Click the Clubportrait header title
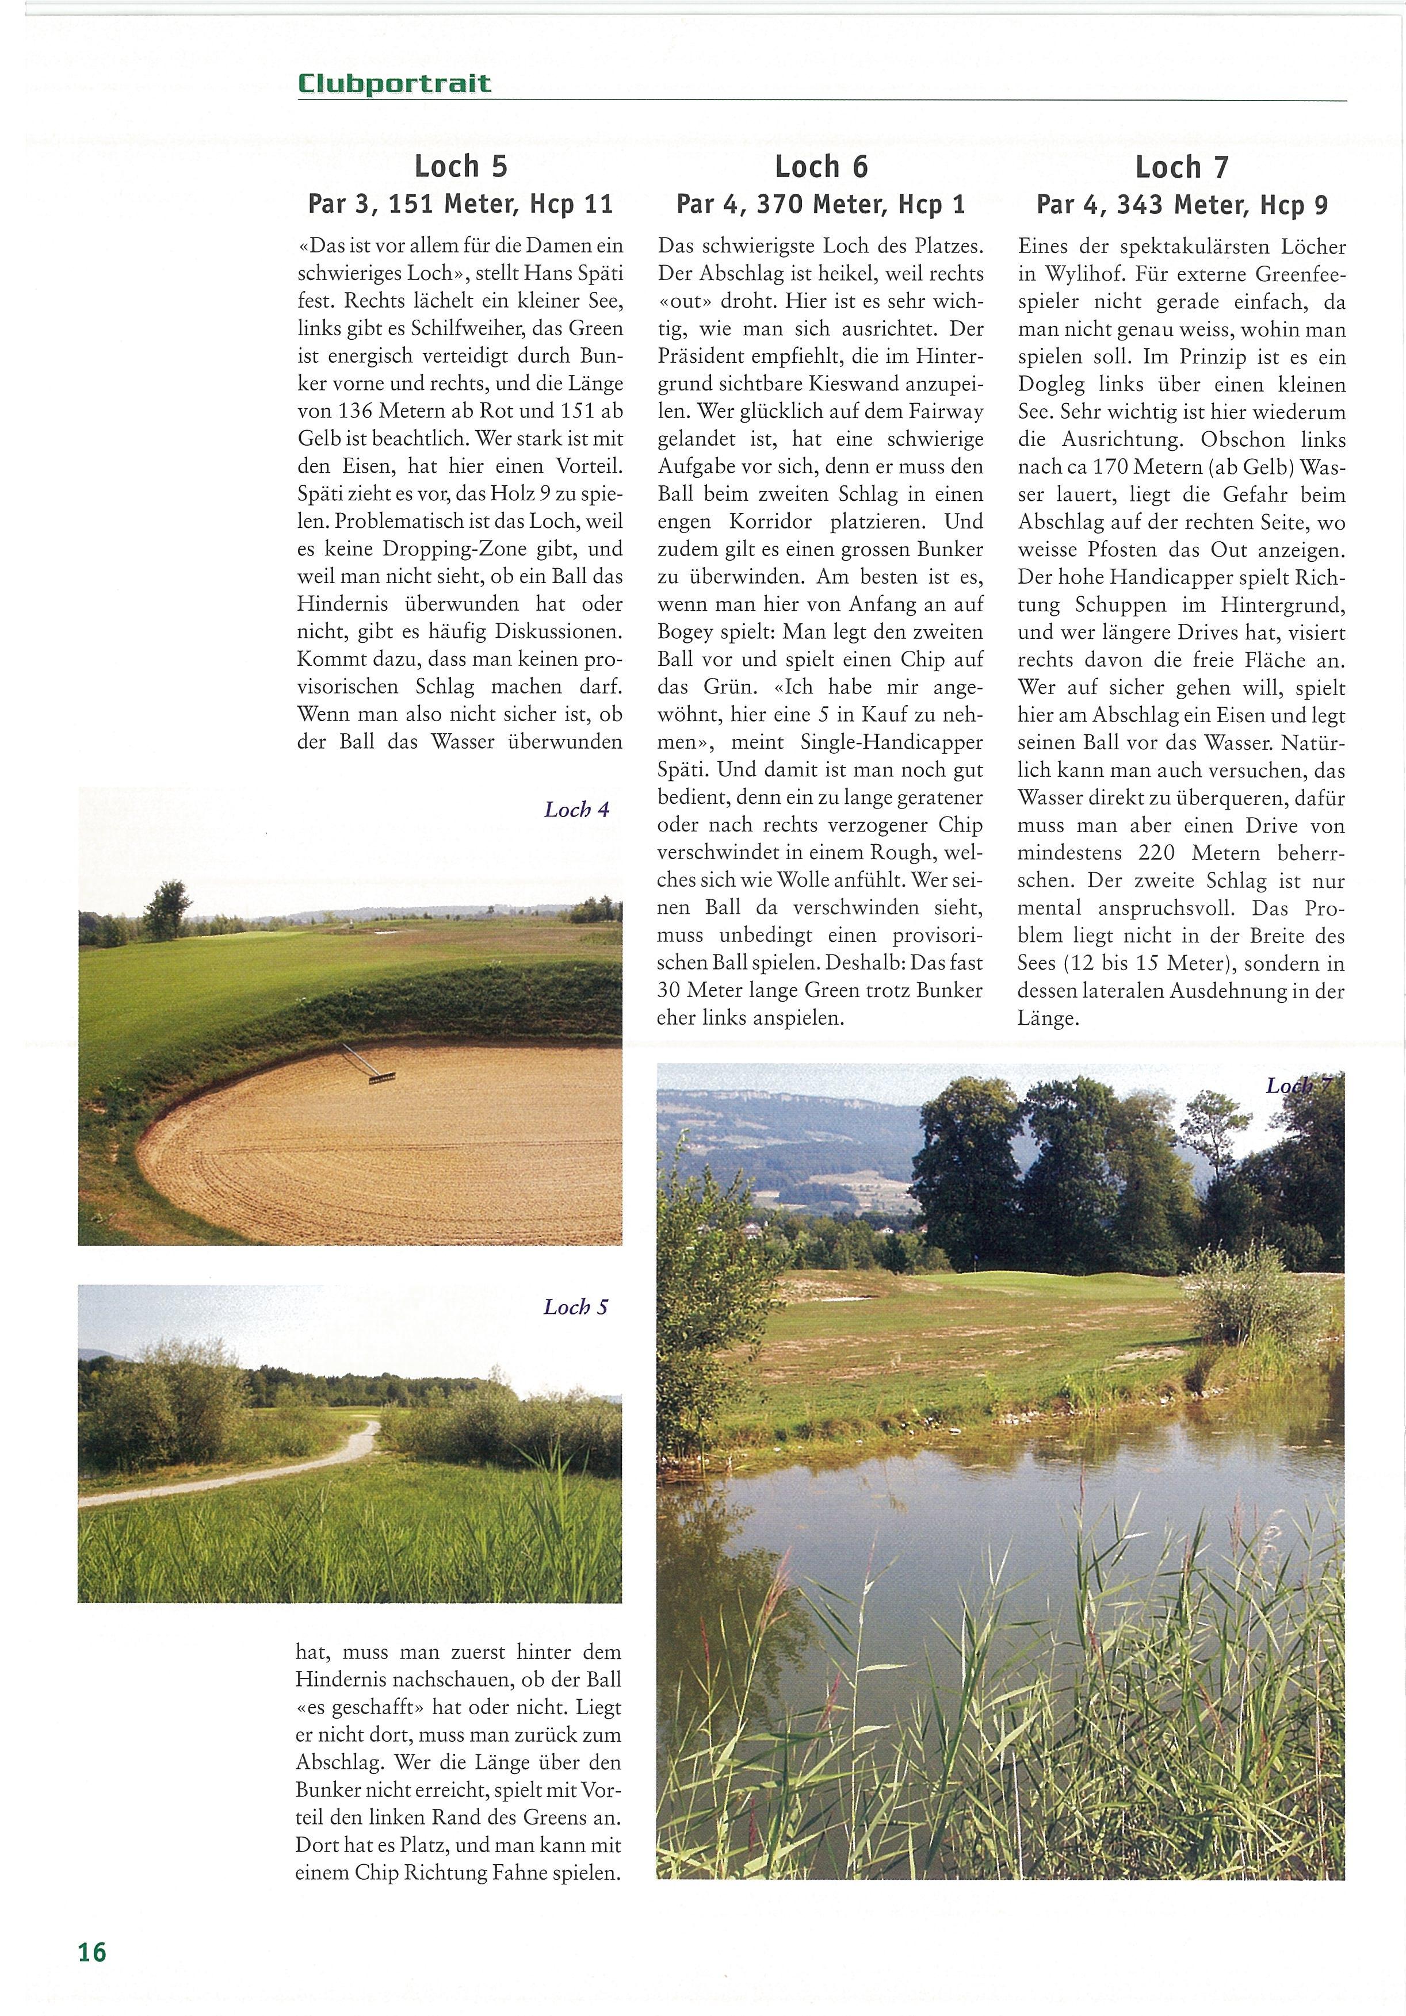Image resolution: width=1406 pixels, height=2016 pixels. click(394, 85)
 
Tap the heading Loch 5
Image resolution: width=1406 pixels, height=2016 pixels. click(460, 166)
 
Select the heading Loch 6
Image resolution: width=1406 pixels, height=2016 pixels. click(820, 166)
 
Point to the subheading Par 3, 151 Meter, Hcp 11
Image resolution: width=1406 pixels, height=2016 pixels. click(460, 205)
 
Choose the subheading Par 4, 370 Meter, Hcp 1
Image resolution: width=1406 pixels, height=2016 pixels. click(820, 205)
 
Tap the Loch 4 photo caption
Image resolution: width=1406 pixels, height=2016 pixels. click(576, 810)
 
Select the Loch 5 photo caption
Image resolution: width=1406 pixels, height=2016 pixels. click(575, 1308)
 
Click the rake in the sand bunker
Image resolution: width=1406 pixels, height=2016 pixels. click(369, 1064)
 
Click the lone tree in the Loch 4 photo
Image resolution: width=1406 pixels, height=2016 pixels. click(167, 909)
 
